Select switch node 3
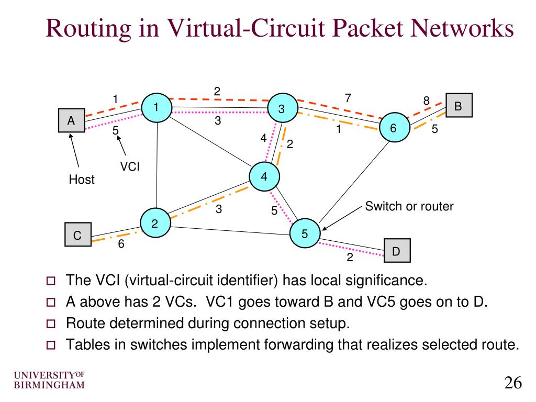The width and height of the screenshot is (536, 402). [x=282, y=108]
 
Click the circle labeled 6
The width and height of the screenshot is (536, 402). [x=393, y=127]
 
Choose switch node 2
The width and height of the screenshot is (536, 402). [x=155, y=224]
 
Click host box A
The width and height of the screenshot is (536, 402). [x=71, y=121]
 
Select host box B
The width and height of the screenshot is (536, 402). [x=459, y=106]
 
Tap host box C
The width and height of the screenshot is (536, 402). [x=77, y=236]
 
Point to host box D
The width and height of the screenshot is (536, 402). [x=397, y=251]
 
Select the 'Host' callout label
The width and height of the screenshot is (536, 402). [x=82, y=180]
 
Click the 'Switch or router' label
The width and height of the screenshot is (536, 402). [x=409, y=206]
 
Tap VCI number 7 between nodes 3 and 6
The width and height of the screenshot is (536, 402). [x=347, y=98]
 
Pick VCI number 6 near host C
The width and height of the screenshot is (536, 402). [x=121, y=244]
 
